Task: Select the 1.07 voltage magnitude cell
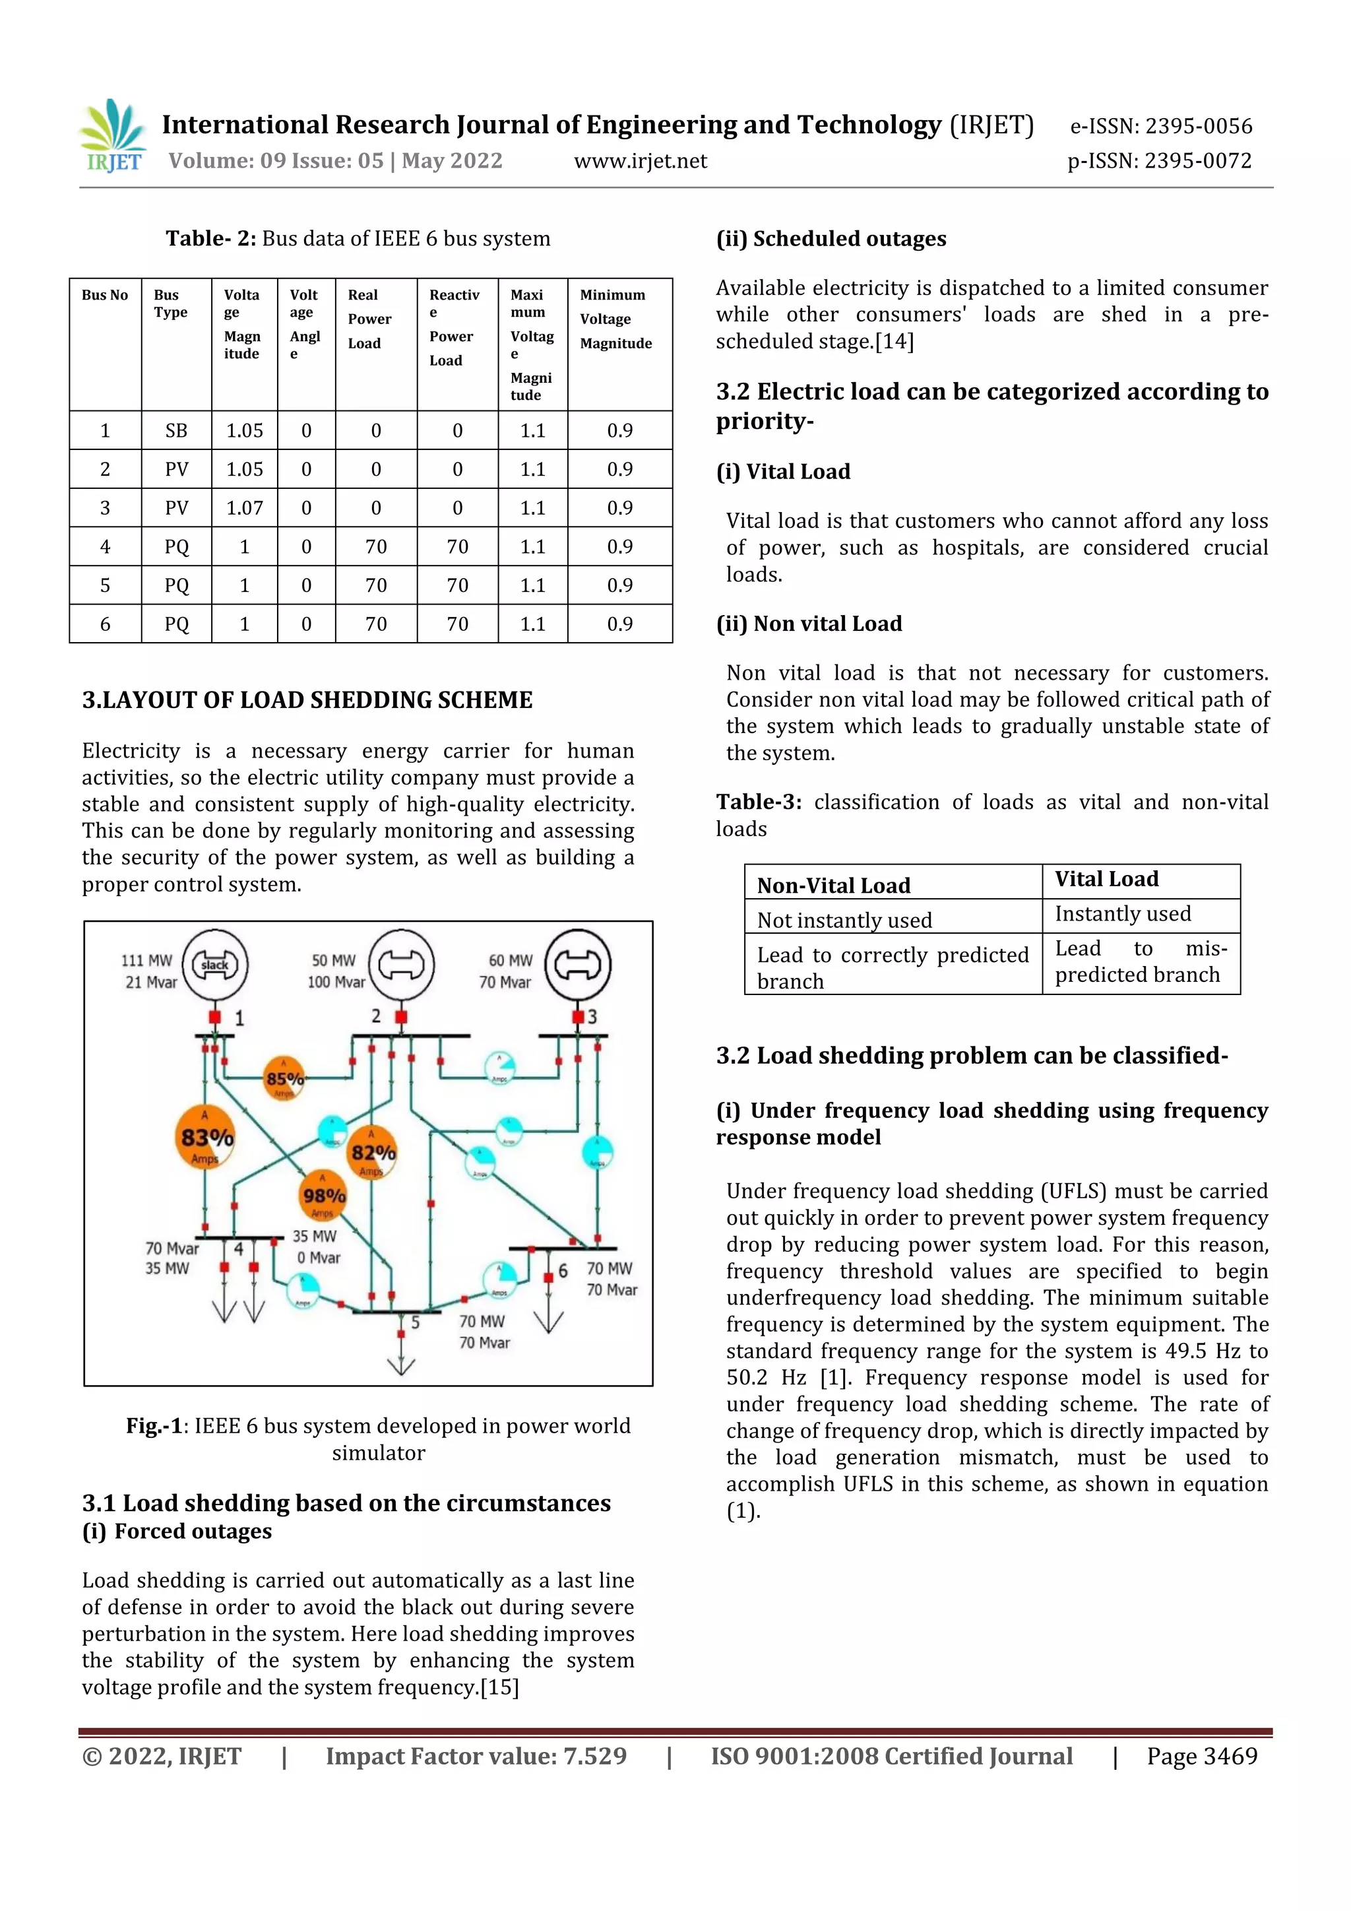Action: (x=245, y=507)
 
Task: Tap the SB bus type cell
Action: (x=176, y=430)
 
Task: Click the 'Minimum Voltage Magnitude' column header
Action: (x=616, y=319)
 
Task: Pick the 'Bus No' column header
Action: (x=105, y=296)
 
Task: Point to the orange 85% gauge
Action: (x=284, y=1079)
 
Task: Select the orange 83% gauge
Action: (x=205, y=1138)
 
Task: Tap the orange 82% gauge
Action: (x=372, y=1153)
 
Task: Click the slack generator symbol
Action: (x=214, y=965)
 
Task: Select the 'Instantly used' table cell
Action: (x=1122, y=914)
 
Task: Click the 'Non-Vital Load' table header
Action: (x=834, y=886)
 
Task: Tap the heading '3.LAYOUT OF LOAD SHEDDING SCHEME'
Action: (x=307, y=700)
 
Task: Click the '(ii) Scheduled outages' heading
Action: (x=831, y=239)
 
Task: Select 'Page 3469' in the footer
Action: (x=1201, y=1756)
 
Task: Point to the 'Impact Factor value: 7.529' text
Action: (x=476, y=1756)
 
